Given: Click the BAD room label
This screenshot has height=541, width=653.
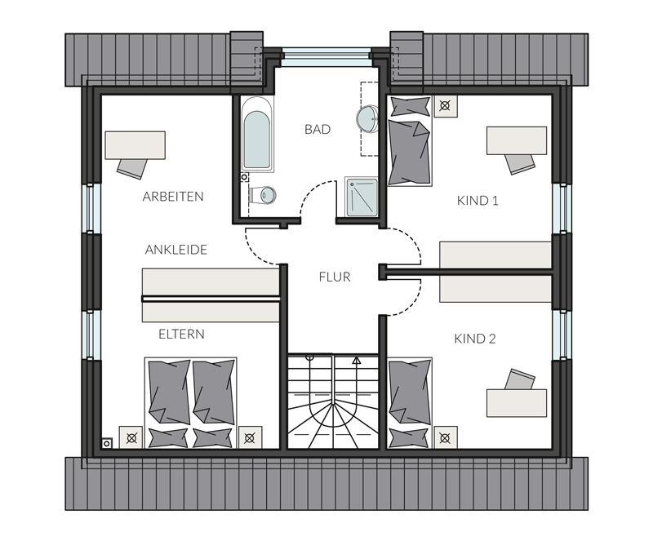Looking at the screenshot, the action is coord(318,129).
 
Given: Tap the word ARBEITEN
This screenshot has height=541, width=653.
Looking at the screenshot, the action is coord(173,197).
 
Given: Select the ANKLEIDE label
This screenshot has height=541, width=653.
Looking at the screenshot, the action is coord(175,250).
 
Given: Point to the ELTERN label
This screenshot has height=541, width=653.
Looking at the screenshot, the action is coord(181,334).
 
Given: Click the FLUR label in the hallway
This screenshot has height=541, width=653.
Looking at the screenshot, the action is coord(335,277).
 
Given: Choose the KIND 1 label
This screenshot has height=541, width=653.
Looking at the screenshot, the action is coord(478,201).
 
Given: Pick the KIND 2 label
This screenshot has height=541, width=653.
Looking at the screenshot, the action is coord(475,339).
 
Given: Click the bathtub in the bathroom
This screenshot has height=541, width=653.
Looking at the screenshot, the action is coord(257,134).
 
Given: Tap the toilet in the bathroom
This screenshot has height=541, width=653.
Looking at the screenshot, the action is coord(263,195).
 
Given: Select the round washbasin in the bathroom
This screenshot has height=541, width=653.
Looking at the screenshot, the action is coord(367,118).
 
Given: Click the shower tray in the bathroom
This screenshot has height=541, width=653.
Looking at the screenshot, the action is coord(361,197).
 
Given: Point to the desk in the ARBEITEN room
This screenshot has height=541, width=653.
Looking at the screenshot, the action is coord(135,145).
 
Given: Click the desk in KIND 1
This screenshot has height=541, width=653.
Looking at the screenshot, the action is coord(517,140).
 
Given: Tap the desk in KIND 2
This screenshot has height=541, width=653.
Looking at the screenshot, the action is coord(517,403).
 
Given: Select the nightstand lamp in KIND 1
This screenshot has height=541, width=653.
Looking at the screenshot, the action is coord(445,106).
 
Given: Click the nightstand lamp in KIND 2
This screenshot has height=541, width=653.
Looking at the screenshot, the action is coord(445,438).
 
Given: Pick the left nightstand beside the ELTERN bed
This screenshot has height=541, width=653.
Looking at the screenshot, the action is coord(131,437).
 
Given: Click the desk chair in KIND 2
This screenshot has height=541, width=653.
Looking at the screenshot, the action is coord(520,379).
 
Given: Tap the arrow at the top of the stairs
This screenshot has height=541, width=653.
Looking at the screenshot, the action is coord(357,361).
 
